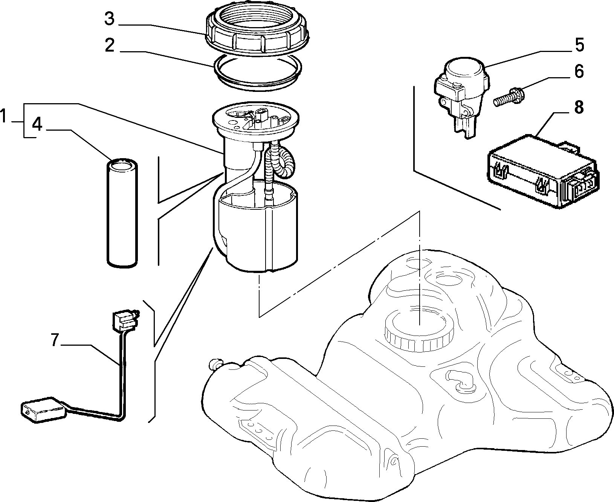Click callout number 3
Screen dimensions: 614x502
click(x=109, y=19)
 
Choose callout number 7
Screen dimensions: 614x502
click(x=55, y=340)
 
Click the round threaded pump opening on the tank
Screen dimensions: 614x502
click(x=419, y=328)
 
